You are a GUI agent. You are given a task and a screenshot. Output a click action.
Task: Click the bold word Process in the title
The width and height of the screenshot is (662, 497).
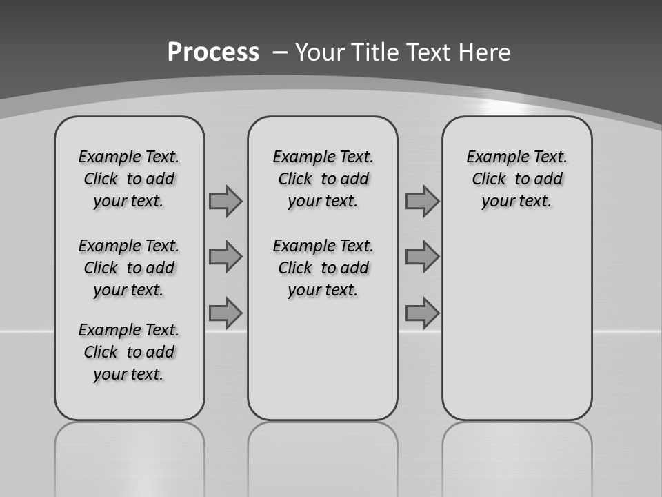pos(213,52)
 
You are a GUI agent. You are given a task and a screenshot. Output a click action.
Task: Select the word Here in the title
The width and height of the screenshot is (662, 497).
pos(483,52)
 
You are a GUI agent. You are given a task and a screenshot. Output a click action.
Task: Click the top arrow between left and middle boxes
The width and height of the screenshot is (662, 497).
pos(225,202)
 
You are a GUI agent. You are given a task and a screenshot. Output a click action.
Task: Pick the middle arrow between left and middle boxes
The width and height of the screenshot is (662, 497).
pos(225,257)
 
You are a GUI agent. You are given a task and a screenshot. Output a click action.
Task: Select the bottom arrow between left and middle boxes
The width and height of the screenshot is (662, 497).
pos(225,313)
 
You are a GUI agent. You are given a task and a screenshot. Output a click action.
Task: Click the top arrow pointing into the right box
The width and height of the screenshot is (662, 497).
pos(422,202)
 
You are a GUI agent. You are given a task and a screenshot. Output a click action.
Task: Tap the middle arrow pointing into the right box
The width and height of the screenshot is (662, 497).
pos(422,257)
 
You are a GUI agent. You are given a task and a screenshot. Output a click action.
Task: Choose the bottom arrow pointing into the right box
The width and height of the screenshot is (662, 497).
pos(422,313)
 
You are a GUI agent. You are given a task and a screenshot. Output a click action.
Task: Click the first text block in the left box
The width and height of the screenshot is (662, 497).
pos(129,179)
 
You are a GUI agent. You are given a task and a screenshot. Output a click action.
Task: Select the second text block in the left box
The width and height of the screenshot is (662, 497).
pos(129,268)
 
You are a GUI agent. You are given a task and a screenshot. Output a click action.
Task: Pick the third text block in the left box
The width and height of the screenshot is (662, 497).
pos(129,352)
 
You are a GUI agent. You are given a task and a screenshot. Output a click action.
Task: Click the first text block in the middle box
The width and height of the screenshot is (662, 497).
pos(323,179)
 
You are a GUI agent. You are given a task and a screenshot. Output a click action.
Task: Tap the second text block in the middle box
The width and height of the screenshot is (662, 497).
pos(323,268)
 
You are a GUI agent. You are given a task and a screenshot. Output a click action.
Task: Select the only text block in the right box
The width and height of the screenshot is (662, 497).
pos(516,179)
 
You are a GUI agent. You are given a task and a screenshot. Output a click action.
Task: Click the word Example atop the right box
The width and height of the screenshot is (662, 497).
pos(493,157)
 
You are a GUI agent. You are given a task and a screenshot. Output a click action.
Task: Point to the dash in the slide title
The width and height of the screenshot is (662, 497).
pos(280,52)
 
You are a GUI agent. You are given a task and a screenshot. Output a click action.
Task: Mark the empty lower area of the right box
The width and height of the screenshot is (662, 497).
pos(516,324)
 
